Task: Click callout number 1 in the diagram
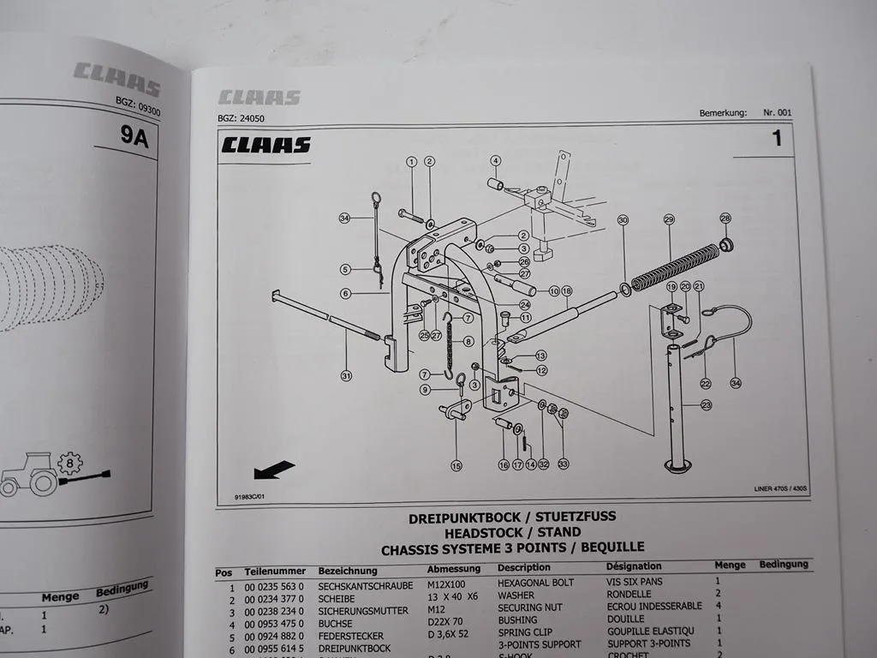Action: (411, 161)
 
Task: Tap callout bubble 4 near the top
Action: (495, 160)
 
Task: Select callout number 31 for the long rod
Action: (346, 374)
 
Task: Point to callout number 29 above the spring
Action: (669, 220)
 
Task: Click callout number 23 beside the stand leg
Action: (706, 405)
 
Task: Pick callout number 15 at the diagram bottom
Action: (456, 466)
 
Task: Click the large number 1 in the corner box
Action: (777, 138)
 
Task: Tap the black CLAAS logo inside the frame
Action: (265, 145)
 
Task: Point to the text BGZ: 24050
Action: (241, 119)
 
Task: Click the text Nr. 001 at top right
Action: (778, 113)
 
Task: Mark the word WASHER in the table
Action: (516, 595)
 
